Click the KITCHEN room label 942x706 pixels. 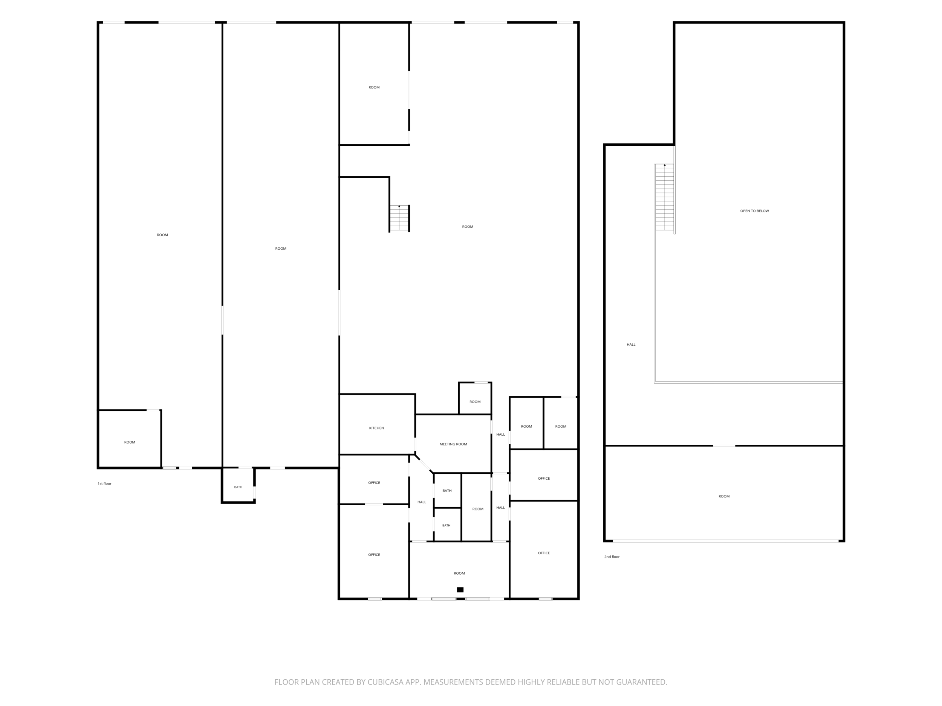376,428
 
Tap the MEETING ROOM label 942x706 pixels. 453,444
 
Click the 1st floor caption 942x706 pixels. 104,484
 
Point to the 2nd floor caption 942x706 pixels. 612,557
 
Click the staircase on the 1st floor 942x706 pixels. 399,219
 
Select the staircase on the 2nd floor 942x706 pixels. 664,197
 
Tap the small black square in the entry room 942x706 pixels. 460,590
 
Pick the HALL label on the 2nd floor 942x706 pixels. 631,345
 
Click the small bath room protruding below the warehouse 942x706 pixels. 238,486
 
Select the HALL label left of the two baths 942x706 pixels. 422,502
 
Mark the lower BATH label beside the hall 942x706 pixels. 446,526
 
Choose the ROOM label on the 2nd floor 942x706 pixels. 724,497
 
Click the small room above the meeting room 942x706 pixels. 475,398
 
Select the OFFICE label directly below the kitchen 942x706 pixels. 374,483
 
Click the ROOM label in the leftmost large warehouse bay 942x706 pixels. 162,235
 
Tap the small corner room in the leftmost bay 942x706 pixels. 130,439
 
